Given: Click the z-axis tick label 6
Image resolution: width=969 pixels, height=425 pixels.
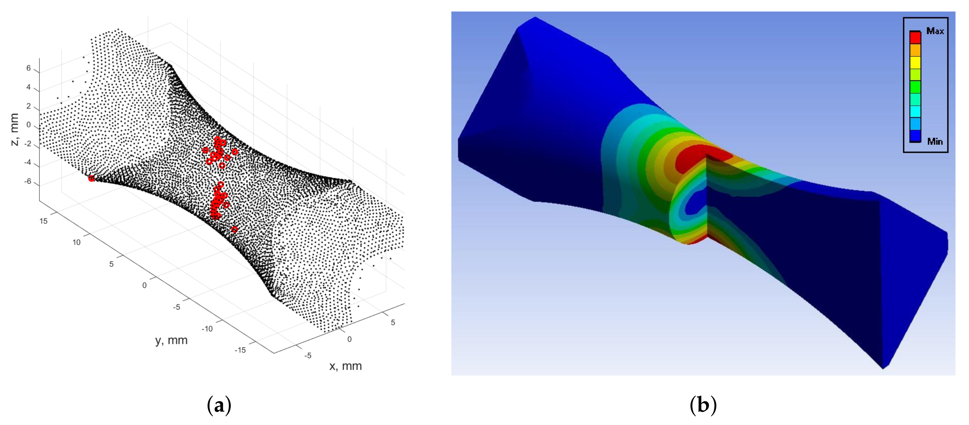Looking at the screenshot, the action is pos(28,68).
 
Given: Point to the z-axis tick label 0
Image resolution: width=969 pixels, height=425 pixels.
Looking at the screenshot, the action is pos(28,125).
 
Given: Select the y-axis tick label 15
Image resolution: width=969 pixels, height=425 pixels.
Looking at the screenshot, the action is pos(44,221).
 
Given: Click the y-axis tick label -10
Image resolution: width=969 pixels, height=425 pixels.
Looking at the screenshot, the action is pos(207,329).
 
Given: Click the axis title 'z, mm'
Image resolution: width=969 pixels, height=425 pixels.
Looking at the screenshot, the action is pos(14,129).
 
